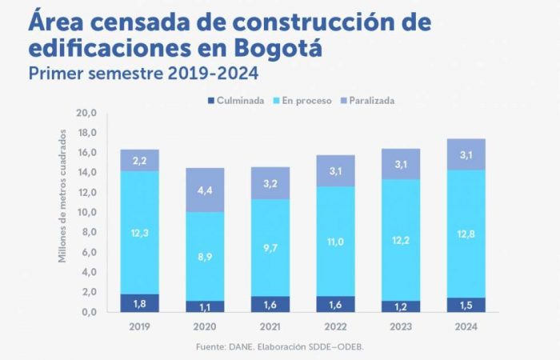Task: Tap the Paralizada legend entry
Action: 368,101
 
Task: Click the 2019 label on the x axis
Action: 139,327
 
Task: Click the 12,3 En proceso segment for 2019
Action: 139,232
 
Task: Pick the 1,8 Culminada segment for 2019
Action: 139,302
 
